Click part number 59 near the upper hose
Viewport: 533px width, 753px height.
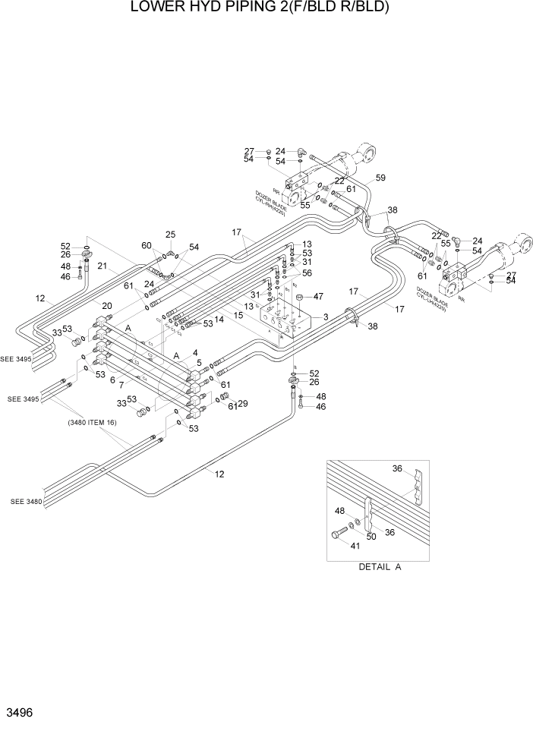tap(380, 178)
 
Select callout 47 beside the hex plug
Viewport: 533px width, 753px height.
tap(319, 296)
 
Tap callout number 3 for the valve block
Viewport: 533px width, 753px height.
tap(325, 317)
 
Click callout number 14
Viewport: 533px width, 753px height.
tap(219, 320)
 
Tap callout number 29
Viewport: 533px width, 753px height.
tap(243, 403)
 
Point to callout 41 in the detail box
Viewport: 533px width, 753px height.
tap(355, 545)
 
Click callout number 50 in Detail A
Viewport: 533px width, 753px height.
tap(371, 537)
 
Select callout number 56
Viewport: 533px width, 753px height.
tap(307, 273)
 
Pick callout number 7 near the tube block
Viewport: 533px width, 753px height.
tap(121, 386)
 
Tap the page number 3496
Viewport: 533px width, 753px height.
tap(20, 714)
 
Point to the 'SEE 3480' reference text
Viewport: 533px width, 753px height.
tap(27, 502)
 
